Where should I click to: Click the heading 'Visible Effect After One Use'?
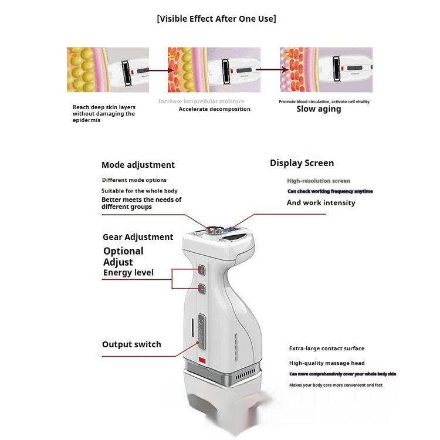(x=216, y=19)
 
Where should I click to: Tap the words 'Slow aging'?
(x=318, y=109)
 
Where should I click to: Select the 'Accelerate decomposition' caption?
(x=214, y=109)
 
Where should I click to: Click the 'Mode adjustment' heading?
(x=138, y=165)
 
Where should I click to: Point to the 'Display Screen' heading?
(x=302, y=163)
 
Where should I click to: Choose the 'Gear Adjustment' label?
(x=138, y=237)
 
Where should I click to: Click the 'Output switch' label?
(x=131, y=344)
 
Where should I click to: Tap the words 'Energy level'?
(x=128, y=273)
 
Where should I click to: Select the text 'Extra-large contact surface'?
(x=327, y=348)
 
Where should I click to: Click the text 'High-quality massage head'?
(x=327, y=364)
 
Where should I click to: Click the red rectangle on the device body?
(x=202, y=360)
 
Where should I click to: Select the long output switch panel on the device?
(x=201, y=331)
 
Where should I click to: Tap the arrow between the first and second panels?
(x=154, y=70)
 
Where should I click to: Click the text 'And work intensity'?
(x=321, y=203)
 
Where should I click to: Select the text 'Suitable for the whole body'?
(x=139, y=191)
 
